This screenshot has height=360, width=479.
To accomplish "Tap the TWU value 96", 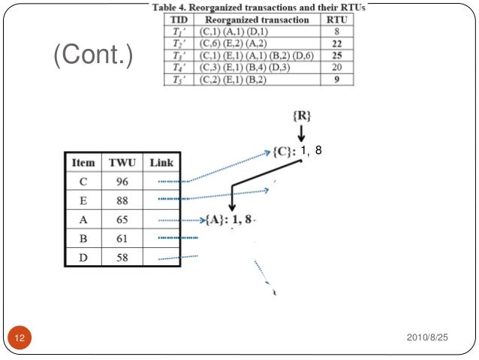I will (x=122, y=181).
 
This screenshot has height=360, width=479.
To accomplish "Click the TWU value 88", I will (x=122, y=200).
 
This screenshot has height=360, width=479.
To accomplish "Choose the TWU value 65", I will (x=122, y=219).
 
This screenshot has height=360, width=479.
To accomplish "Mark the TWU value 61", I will (x=122, y=238).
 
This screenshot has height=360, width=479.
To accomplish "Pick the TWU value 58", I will (x=122, y=257).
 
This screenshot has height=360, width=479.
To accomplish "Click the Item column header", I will (x=83, y=162).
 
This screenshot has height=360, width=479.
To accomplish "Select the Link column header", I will (x=161, y=162).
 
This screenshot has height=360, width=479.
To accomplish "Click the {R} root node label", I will (x=301, y=117).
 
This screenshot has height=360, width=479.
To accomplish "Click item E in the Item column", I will (x=83, y=200).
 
